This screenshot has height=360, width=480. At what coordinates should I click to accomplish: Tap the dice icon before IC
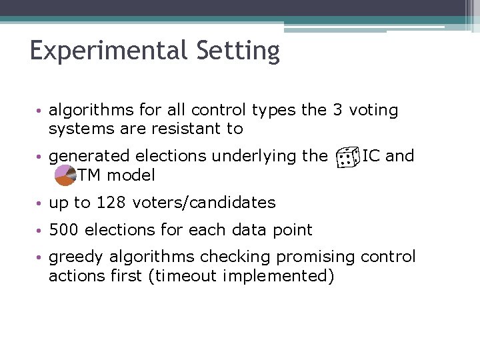point(345,158)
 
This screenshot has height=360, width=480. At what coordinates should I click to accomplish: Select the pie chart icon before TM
point(65,175)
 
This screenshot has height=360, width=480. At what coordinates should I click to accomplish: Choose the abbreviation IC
point(371,156)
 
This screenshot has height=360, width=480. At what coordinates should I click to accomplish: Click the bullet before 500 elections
point(41,231)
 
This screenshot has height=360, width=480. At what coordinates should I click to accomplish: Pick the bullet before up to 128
point(41,203)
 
